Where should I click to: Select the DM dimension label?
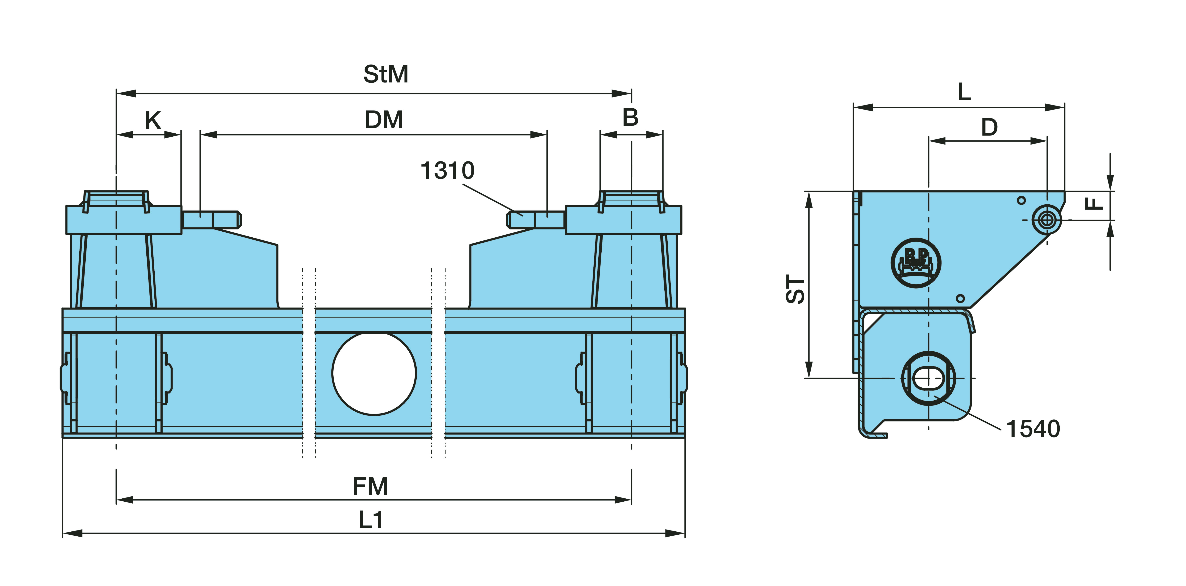pos(384,120)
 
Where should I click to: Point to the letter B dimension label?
pos(630,118)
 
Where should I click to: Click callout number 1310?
pos(447,171)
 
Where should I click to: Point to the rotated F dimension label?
pos(1094,203)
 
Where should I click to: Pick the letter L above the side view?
pos(964,92)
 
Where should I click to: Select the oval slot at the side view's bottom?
pos(928,379)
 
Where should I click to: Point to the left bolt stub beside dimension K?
pos(212,219)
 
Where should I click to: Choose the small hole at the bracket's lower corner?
pos(960,299)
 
